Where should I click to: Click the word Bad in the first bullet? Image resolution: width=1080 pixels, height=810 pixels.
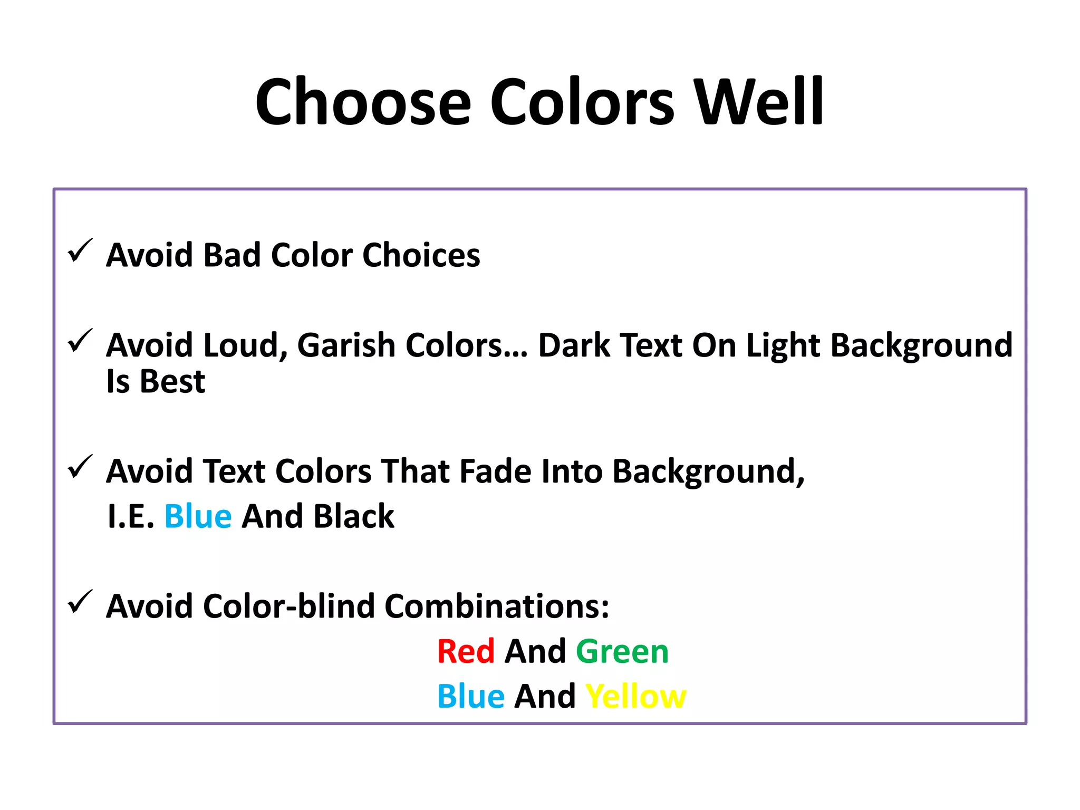tap(232, 255)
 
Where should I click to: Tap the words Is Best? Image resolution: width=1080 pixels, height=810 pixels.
tap(156, 381)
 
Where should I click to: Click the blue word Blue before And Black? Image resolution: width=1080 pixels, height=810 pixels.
tap(198, 516)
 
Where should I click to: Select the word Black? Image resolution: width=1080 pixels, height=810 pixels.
tap(354, 516)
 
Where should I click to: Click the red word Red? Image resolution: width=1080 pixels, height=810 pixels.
tap(466, 651)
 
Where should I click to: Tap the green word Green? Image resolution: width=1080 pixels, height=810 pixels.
tap(622, 652)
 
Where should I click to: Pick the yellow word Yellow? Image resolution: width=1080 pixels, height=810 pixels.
tap(636, 697)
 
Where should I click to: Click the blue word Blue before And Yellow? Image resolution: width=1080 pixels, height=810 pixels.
tap(471, 697)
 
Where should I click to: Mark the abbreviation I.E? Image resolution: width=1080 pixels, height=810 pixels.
tap(130, 516)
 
